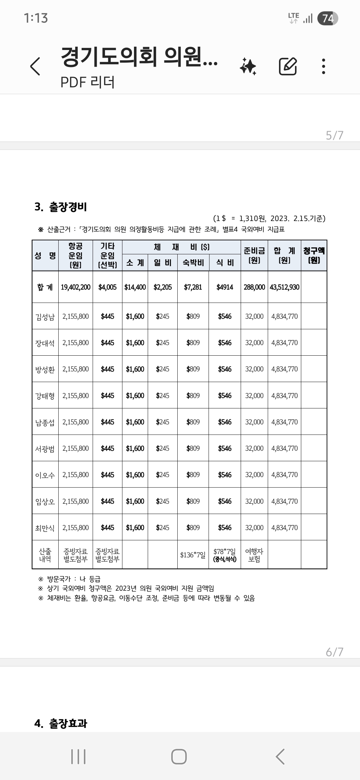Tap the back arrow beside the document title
(x=35, y=66)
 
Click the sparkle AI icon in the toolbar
(x=248, y=66)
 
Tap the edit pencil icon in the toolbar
(x=288, y=66)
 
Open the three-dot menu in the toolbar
(x=323, y=66)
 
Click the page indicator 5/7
(x=334, y=135)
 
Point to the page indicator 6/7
(x=334, y=652)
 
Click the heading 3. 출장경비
(x=61, y=207)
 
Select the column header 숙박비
(x=193, y=263)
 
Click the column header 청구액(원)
(x=314, y=255)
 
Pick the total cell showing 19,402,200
(x=76, y=287)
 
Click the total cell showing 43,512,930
(x=284, y=287)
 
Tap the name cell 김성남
(x=45, y=316)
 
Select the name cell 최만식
(x=45, y=528)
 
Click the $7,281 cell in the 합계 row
(x=193, y=287)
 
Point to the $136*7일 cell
(x=193, y=555)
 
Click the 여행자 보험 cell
(x=254, y=555)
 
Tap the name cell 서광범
(x=45, y=449)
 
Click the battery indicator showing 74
(x=328, y=18)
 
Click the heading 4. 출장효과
(x=61, y=723)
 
